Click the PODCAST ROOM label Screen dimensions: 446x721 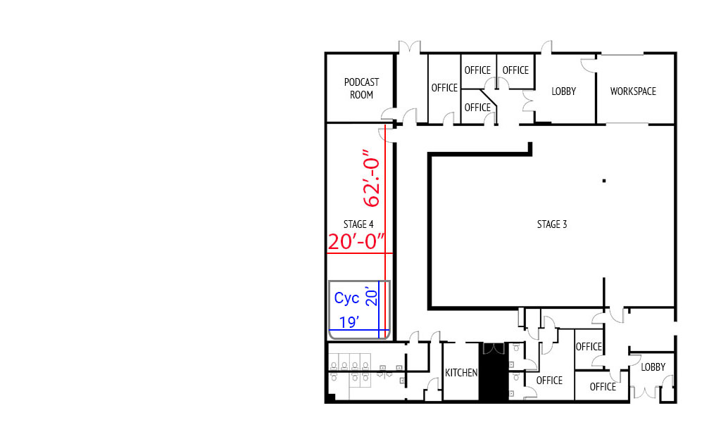click(x=361, y=89)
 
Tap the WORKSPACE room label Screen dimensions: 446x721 click(x=632, y=91)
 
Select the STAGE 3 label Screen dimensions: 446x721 click(x=551, y=224)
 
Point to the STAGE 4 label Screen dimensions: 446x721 click(x=358, y=224)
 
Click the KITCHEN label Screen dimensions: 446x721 click(x=461, y=373)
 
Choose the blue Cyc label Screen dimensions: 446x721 click(x=346, y=298)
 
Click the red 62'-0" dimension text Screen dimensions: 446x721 click(x=372, y=178)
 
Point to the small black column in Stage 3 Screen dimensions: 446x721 click(x=603, y=181)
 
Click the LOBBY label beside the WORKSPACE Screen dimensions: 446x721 click(x=563, y=91)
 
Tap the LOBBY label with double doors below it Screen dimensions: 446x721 click(x=653, y=367)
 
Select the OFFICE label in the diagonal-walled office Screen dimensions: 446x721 click(x=477, y=108)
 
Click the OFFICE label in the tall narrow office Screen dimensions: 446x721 click(x=444, y=88)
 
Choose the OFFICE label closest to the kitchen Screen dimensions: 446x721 click(x=549, y=381)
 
